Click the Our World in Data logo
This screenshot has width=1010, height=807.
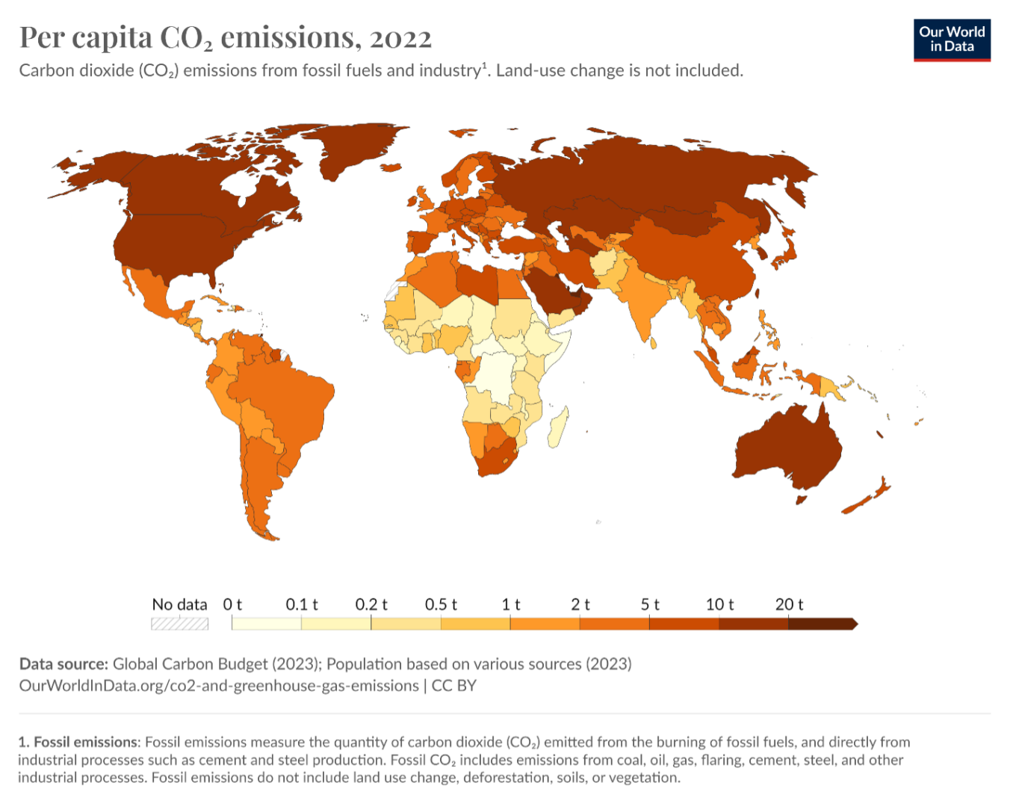[952, 40]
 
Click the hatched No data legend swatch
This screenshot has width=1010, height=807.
[179, 624]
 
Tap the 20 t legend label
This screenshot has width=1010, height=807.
[789, 605]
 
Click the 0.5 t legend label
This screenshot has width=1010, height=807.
[441, 605]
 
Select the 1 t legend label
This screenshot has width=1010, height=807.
[511, 605]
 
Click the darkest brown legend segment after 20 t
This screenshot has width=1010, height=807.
[820, 624]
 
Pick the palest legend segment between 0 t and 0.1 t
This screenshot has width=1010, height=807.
[267, 624]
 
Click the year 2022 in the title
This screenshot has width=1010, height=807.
[400, 37]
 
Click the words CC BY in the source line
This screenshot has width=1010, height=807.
[453, 686]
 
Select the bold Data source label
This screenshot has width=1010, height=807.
[63, 664]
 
